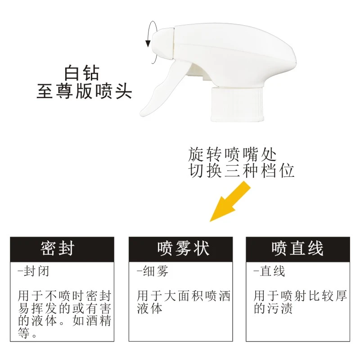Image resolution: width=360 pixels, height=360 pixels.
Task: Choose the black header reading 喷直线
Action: [x=298, y=247]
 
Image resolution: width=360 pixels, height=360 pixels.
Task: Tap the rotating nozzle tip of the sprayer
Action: [x=163, y=44]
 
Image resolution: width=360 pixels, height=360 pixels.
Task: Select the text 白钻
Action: [x=81, y=72]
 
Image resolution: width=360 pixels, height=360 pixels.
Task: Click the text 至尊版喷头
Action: [x=84, y=92]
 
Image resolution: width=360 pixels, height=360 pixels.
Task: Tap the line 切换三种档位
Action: [x=241, y=171]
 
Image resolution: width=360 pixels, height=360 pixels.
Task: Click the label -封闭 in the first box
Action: [x=33, y=272]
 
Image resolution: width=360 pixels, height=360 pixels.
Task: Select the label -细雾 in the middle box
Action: [x=153, y=272]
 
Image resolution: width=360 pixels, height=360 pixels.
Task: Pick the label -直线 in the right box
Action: [x=269, y=272]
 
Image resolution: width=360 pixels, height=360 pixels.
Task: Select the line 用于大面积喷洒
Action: [x=184, y=296]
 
